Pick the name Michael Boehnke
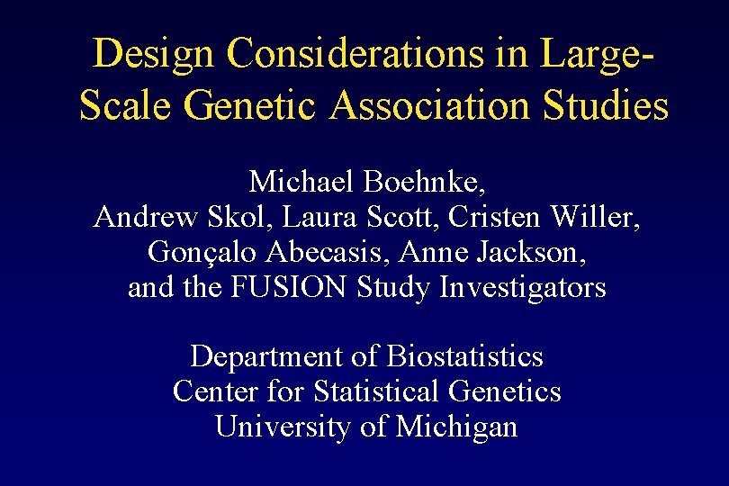(x=368, y=182)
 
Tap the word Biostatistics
(x=465, y=357)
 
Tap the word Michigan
(x=456, y=427)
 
